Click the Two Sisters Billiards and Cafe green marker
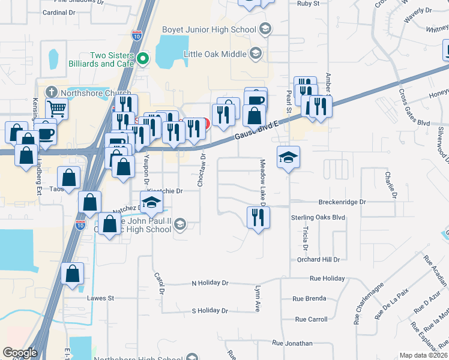(x=143, y=58)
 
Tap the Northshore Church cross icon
(x=52, y=92)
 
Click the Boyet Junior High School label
(x=209, y=29)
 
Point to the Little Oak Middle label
(x=215, y=54)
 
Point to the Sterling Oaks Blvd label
(x=318, y=217)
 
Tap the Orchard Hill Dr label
(x=318, y=260)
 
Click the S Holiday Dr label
(x=209, y=311)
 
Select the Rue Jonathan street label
(x=292, y=344)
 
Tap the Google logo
(x=20, y=353)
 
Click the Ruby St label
(x=310, y=2)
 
